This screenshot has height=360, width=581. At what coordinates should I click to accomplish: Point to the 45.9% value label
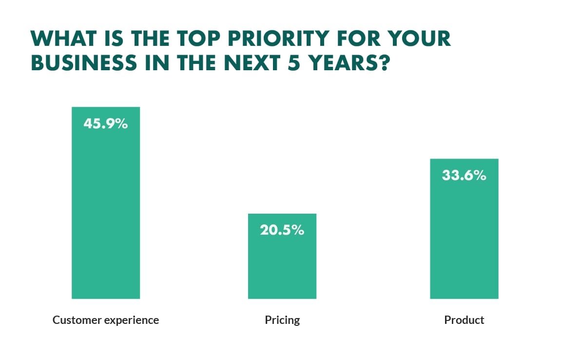(105, 124)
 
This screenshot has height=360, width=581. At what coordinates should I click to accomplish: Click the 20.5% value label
(282, 230)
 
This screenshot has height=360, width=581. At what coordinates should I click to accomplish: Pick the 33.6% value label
(464, 175)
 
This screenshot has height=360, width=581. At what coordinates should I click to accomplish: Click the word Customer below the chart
(77, 320)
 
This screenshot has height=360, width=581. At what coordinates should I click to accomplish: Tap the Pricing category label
(282, 320)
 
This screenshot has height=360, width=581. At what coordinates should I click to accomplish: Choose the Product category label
(464, 320)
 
